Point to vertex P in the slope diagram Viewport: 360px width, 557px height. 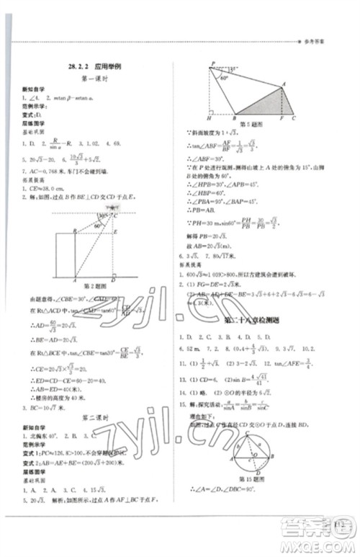211,65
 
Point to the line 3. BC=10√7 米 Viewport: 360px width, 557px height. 42,410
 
